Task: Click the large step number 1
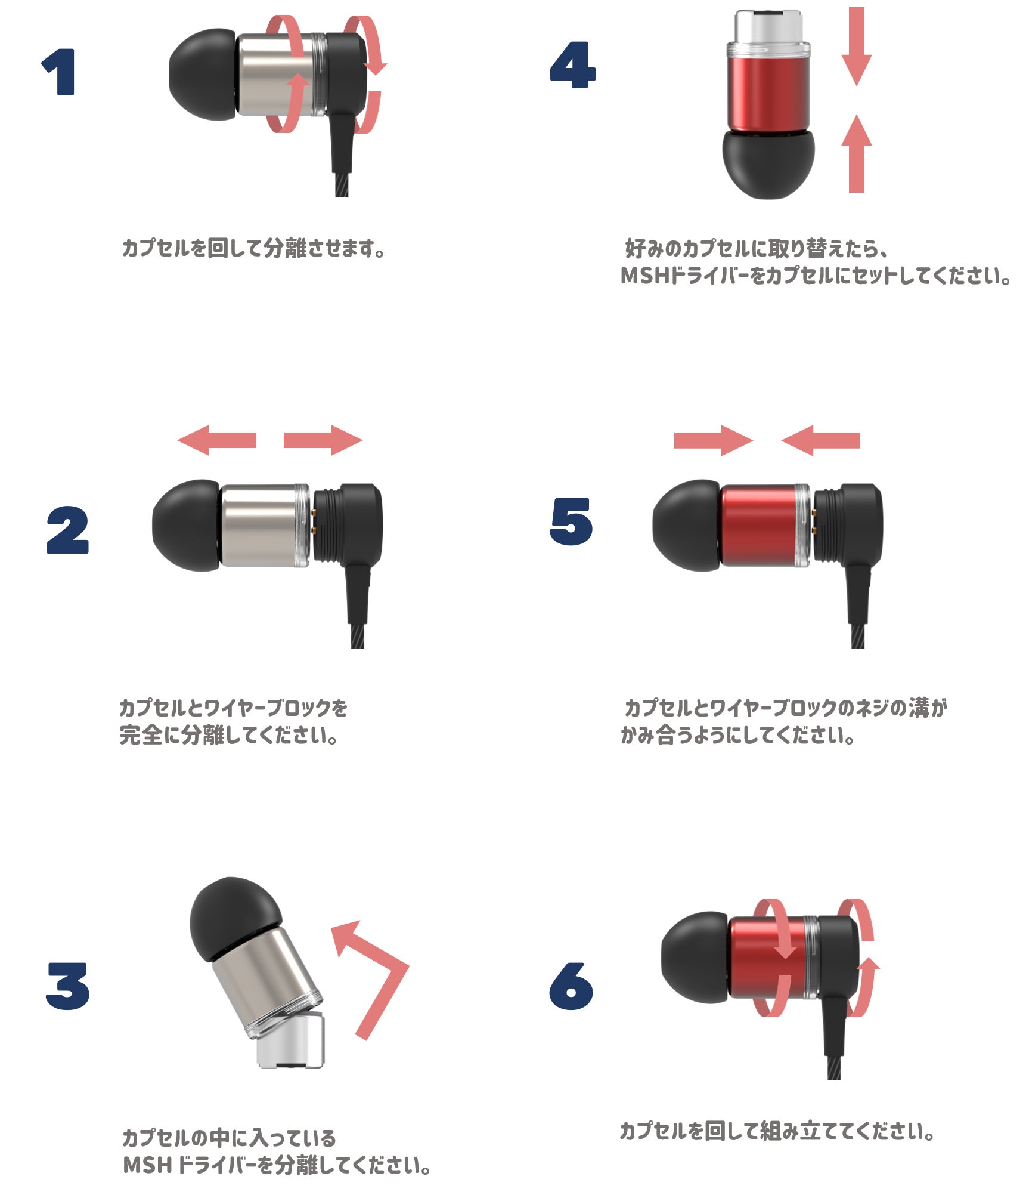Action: (x=60, y=72)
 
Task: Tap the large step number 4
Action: (x=572, y=65)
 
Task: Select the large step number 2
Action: (x=67, y=530)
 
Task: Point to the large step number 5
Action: (x=571, y=521)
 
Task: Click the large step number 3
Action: (x=67, y=986)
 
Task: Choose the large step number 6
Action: (x=571, y=986)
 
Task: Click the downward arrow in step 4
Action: (x=857, y=47)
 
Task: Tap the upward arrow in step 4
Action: (x=857, y=153)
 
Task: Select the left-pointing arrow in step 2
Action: (x=217, y=440)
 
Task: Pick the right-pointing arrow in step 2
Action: (x=323, y=440)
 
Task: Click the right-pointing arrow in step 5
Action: (x=714, y=440)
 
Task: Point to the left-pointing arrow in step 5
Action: (x=820, y=440)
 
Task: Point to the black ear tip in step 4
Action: (x=768, y=164)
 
